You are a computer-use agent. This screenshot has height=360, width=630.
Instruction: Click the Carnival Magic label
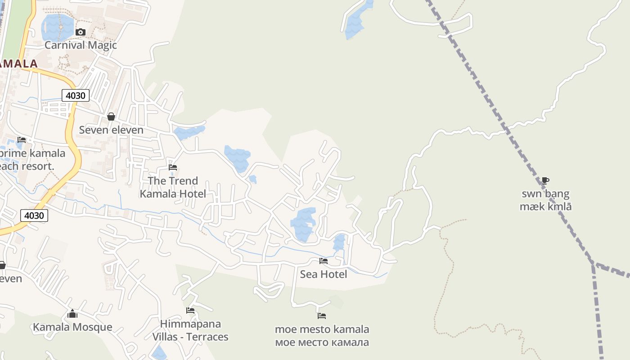[81, 45]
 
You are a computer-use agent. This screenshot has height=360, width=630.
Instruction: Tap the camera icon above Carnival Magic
[81, 32]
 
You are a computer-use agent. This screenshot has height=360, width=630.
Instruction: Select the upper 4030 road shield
[76, 95]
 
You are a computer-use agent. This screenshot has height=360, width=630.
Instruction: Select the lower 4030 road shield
[34, 216]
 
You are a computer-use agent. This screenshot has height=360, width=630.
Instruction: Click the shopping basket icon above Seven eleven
[111, 117]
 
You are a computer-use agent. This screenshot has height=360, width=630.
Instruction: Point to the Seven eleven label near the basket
[111, 130]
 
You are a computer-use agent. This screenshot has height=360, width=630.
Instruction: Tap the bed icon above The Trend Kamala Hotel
[173, 167]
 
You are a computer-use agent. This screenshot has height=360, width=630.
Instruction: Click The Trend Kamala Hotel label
[173, 187]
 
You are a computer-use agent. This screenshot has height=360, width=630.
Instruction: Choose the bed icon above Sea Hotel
[323, 261]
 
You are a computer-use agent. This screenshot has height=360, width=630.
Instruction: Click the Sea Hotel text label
[323, 274]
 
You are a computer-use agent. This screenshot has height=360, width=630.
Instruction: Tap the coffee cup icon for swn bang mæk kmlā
[545, 181]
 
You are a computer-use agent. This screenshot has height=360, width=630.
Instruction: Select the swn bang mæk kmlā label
[545, 200]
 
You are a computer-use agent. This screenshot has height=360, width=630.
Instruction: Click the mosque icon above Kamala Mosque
[72, 314]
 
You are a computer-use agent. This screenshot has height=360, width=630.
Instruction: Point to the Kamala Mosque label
[72, 327]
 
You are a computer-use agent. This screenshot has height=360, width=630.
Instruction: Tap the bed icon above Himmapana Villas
[190, 310]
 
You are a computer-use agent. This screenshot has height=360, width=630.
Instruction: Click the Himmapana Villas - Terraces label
[190, 330]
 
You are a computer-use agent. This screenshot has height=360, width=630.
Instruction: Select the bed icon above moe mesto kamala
[321, 316]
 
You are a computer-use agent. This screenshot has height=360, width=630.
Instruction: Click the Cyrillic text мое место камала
[322, 342]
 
